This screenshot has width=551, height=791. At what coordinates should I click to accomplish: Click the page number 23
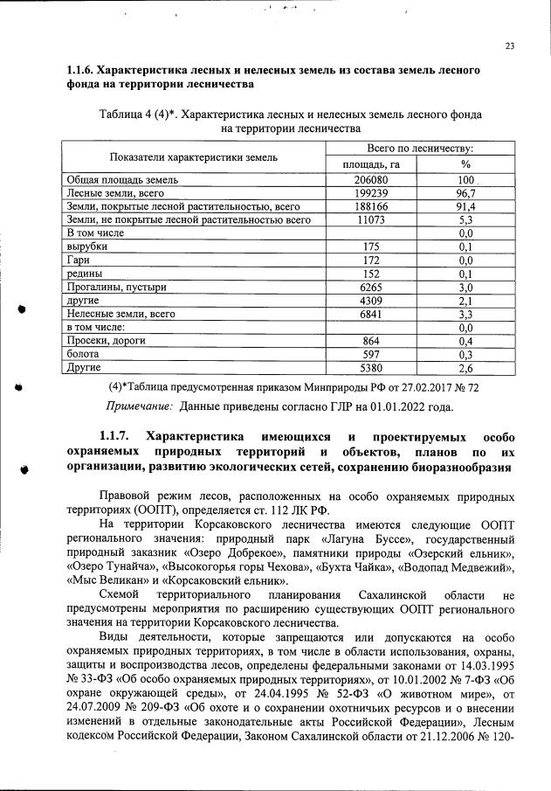pos(509,46)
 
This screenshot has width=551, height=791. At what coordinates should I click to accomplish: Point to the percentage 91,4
pos(465,206)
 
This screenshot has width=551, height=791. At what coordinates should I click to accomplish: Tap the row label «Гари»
pos(79,260)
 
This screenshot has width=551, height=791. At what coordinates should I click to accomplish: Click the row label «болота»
pos(84,353)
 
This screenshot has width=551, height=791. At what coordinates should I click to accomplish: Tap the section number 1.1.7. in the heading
pos(114,436)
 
